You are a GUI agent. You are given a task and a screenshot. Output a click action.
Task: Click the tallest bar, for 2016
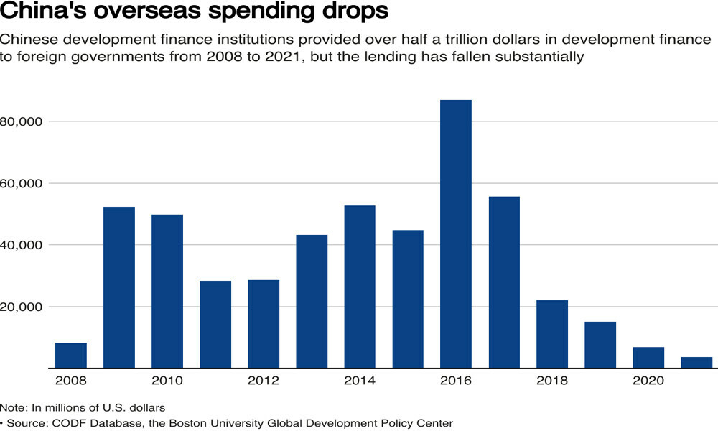click(x=456, y=233)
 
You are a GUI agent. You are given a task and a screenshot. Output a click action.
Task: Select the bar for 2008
click(x=71, y=356)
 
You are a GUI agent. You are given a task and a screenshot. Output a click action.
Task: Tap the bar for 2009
click(x=119, y=287)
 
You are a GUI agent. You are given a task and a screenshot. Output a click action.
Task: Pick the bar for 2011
click(x=215, y=325)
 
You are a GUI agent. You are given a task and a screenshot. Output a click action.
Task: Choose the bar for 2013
click(x=312, y=302)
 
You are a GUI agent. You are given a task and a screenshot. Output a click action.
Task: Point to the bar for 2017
click(x=504, y=282)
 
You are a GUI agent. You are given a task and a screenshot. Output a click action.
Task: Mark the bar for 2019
click(x=600, y=345)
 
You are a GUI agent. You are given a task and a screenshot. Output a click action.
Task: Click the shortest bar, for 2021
click(x=696, y=363)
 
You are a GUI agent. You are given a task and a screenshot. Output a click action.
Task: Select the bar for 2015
click(x=408, y=299)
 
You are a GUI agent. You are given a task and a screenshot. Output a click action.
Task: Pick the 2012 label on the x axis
click(x=264, y=381)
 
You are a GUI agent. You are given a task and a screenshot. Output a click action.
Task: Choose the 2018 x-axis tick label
click(x=552, y=381)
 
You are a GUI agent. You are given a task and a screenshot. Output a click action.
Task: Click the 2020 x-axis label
click(x=648, y=381)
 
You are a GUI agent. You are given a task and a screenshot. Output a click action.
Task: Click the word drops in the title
click(x=350, y=13)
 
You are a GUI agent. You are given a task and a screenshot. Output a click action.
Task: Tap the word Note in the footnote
click(x=13, y=408)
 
